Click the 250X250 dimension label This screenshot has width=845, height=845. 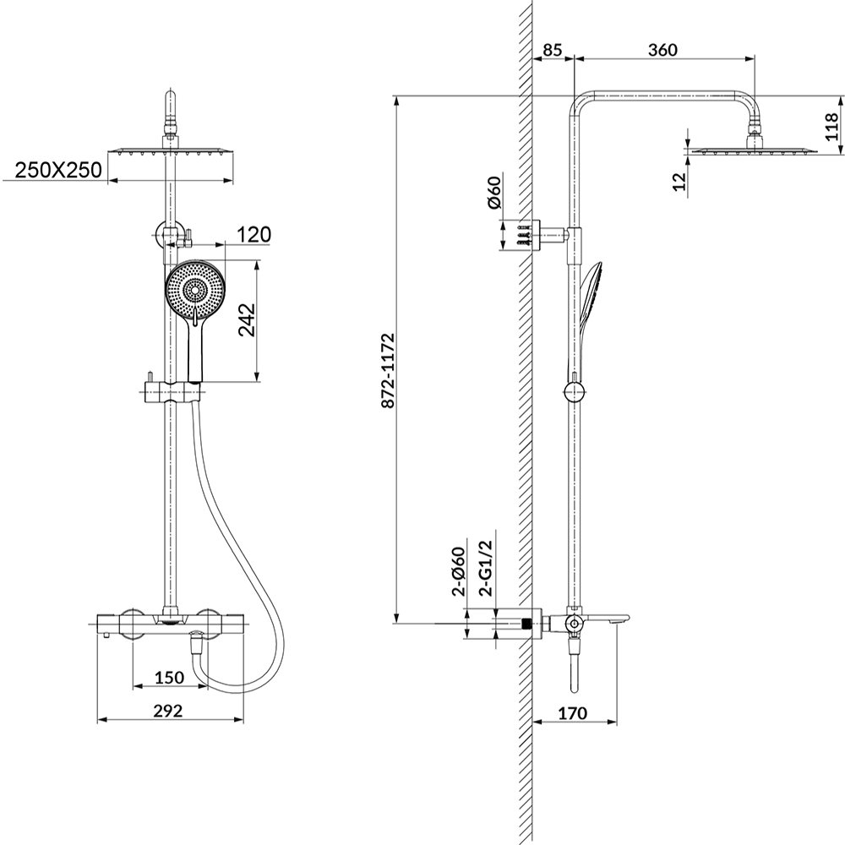tap(57, 171)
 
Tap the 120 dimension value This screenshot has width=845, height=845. tap(253, 235)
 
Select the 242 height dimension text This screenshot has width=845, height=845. tap(247, 320)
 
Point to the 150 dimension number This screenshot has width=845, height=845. tap(169, 678)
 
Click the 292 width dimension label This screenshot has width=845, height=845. tap(168, 711)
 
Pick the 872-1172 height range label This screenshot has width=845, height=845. tap(387, 371)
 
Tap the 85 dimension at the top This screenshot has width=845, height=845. tap(552, 50)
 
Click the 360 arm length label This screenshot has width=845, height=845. tap(662, 50)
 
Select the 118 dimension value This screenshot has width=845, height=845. tap(832, 127)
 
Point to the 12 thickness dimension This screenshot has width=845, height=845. tap(681, 181)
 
